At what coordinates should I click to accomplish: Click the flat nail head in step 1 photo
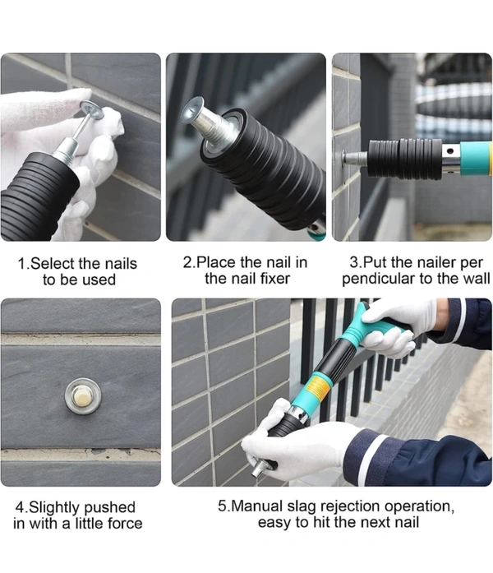(92, 110)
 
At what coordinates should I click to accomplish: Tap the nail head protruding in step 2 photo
(192, 108)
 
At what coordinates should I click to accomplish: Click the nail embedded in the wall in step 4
(83, 396)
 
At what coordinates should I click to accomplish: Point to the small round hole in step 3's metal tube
(450, 150)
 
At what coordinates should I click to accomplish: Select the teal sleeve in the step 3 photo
(476, 159)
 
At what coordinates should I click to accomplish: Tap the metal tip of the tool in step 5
(260, 468)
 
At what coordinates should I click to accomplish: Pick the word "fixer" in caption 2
(274, 279)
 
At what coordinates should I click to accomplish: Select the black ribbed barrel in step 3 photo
(404, 159)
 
